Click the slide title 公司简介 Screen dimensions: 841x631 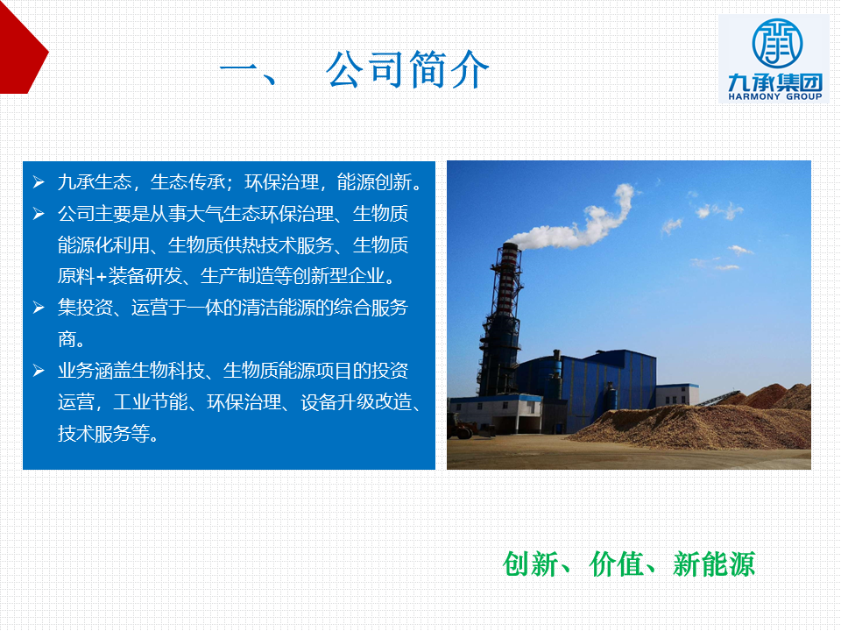(407, 70)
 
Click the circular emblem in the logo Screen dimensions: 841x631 (777, 44)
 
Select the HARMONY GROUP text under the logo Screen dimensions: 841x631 (775, 96)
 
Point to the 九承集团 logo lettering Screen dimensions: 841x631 (775, 82)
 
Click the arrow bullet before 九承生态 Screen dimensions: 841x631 (39, 182)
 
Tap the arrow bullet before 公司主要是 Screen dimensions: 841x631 (39, 214)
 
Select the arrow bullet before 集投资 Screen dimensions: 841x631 (39, 308)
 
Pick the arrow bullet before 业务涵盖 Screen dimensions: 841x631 (39, 370)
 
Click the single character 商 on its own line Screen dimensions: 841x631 (67, 339)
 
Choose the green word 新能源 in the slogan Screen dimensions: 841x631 (714, 564)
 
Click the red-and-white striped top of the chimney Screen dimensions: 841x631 (507, 279)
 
